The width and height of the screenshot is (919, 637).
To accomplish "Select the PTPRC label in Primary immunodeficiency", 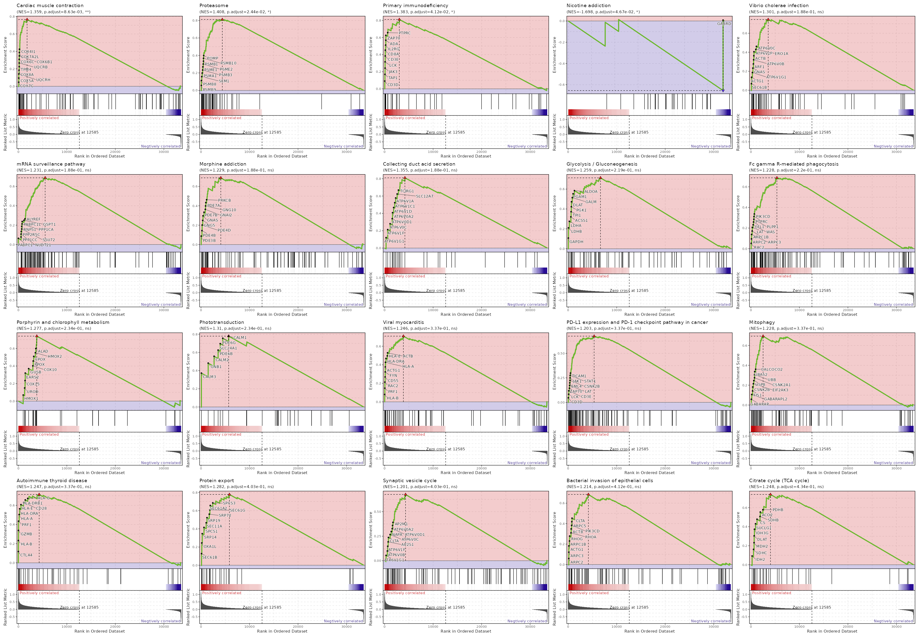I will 404,33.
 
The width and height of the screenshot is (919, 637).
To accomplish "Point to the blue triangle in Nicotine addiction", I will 723,91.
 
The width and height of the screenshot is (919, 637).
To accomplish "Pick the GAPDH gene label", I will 576,242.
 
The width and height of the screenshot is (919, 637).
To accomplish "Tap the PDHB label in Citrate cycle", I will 778,510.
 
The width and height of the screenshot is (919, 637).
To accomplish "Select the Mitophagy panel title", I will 762,322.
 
